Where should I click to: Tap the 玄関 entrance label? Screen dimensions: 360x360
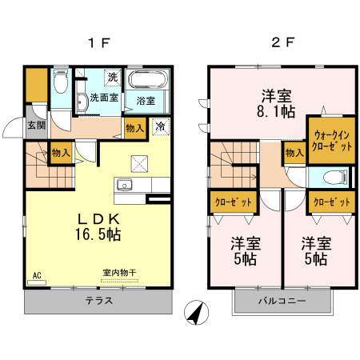click(x=35, y=125)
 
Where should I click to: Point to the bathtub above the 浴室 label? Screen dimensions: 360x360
click(x=147, y=81)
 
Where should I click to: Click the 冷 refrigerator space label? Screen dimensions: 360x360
click(x=160, y=126)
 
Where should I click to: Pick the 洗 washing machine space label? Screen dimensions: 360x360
click(x=113, y=78)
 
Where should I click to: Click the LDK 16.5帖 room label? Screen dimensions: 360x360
click(x=98, y=227)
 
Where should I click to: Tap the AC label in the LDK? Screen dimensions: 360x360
click(x=36, y=275)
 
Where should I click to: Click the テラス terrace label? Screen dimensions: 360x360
click(x=99, y=302)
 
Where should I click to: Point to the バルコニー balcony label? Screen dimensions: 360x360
click(x=282, y=302)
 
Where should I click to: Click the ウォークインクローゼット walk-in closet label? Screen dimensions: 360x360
click(x=330, y=140)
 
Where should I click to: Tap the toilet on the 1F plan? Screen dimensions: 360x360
click(x=60, y=82)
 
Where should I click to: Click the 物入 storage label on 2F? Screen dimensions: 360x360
click(x=294, y=152)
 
